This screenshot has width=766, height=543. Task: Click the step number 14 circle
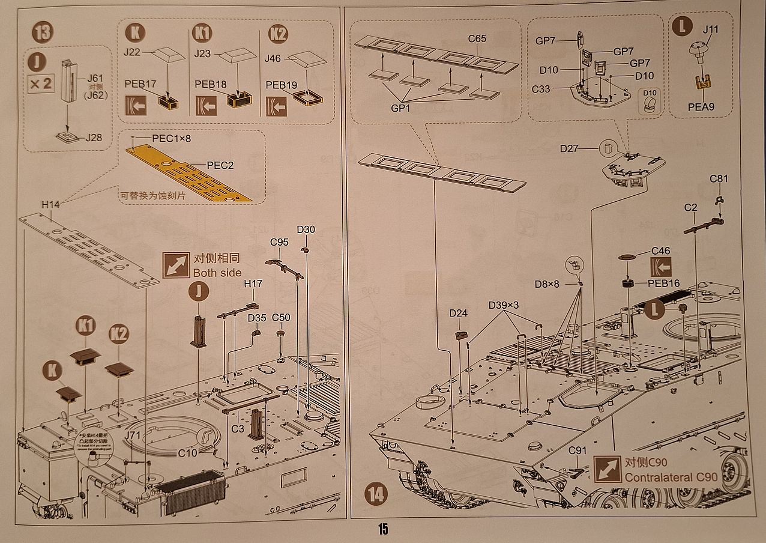pyautogui.click(x=376, y=494)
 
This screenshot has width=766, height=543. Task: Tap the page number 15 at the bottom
pyautogui.click(x=383, y=529)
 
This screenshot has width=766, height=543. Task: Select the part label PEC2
pyautogui.click(x=220, y=165)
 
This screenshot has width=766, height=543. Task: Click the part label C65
pyautogui.click(x=477, y=39)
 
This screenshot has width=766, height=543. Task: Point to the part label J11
pyautogui.click(x=710, y=28)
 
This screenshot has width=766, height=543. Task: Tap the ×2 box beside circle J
pyautogui.click(x=41, y=83)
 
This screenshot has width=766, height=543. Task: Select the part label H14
pyautogui.click(x=51, y=205)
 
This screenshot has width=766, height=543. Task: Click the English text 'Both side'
pyautogui.click(x=217, y=273)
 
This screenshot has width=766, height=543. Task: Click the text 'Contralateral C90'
pyautogui.click(x=671, y=478)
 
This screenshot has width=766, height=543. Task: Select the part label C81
pyautogui.click(x=719, y=178)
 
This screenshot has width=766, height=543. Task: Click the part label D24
pyautogui.click(x=458, y=313)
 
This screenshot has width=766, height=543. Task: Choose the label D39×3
pyautogui.click(x=503, y=305)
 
